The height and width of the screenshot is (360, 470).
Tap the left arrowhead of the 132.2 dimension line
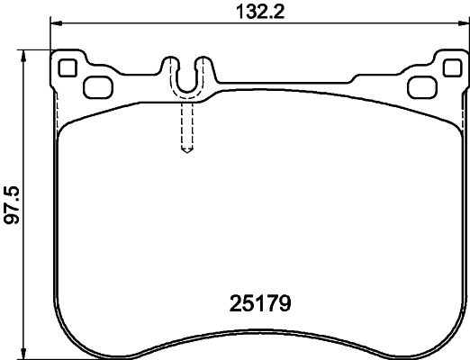tap(55, 23)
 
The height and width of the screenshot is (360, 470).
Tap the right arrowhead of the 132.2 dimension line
tap(460, 23)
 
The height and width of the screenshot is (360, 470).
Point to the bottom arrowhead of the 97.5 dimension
tap(25, 353)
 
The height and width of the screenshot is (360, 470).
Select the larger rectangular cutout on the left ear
tap(95, 86)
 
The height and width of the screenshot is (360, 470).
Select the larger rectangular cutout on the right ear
tap(420, 86)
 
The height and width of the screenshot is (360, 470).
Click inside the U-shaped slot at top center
tap(187, 76)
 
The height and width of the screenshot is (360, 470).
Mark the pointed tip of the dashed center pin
tap(187, 149)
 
